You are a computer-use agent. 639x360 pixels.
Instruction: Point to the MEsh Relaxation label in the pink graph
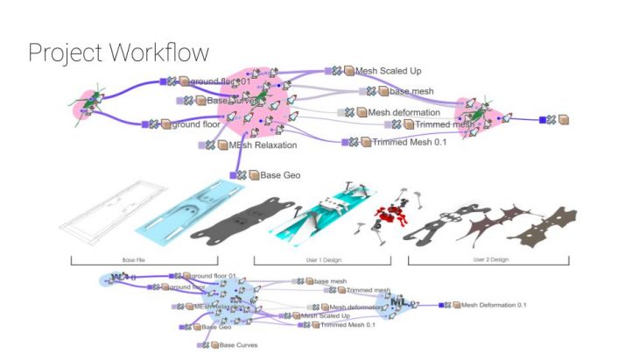coord(263,145)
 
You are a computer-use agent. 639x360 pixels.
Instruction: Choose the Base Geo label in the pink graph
coord(280,175)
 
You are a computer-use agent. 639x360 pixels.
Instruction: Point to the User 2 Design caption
coord(488,260)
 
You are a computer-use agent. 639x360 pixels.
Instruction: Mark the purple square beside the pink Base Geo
coord(233,175)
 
